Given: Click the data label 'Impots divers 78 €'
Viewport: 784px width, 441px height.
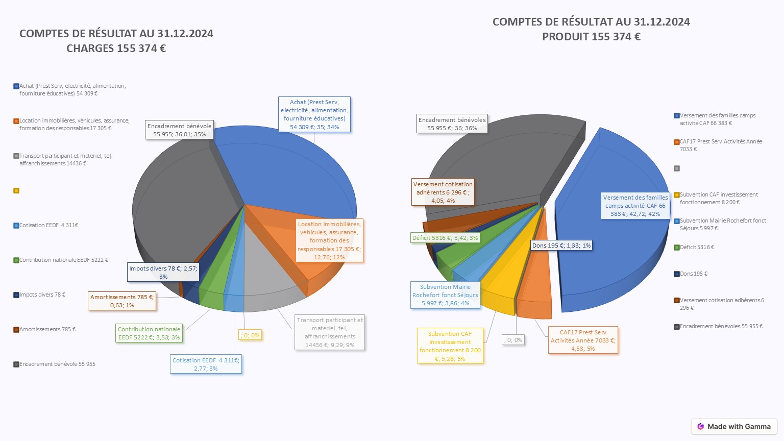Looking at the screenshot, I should tap(163, 272).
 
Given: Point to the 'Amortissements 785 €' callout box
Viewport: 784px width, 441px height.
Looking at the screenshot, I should tap(122, 301).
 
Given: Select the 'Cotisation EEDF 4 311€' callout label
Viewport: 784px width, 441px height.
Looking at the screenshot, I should tap(206, 364).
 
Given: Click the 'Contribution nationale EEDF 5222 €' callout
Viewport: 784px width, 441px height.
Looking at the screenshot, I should tap(149, 333).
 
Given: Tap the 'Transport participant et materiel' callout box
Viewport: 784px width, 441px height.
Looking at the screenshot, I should tap(330, 332).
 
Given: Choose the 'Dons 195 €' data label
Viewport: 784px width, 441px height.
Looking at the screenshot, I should tap(561, 246).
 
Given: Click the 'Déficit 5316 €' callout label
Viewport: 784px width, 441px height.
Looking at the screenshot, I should tap(445, 238).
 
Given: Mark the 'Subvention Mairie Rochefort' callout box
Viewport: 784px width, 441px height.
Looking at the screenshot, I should tap(445, 295).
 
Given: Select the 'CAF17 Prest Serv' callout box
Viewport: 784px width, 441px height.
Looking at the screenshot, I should tap(583, 340).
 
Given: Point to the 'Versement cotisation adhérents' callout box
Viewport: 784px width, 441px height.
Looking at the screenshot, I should tap(443, 192).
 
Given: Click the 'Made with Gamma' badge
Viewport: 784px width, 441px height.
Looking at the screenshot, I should tap(734, 427).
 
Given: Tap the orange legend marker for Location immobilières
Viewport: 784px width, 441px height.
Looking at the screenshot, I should tap(16, 121).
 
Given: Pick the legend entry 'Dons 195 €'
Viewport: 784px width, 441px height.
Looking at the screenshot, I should tap(694, 274).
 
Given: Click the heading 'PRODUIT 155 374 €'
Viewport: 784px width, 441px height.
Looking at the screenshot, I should tap(591, 37).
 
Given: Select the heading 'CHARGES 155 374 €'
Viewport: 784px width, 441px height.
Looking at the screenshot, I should tap(116, 48).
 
